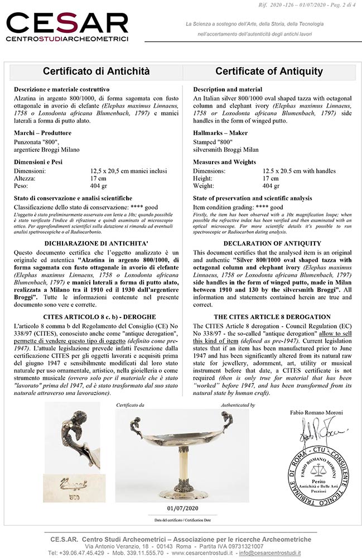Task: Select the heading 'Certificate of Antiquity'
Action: tap(269, 71)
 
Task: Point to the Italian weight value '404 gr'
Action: tap(99, 186)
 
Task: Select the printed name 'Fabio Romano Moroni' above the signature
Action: tap(316, 412)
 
